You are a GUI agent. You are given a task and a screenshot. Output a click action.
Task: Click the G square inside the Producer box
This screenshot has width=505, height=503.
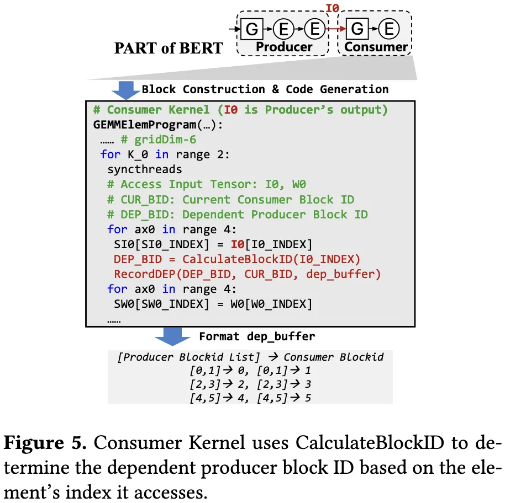point(251,28)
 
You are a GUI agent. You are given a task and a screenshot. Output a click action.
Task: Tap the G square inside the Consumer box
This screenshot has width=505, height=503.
point(357,28)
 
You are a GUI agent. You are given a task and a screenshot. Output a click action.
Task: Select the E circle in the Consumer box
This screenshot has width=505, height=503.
point(389,28)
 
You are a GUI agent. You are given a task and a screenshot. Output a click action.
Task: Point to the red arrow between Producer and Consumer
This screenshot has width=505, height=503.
point(334,28)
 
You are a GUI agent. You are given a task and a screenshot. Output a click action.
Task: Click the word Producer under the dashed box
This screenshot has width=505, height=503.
point(284,47)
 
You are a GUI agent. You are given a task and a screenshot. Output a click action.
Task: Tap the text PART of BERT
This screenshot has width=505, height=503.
point(169,48)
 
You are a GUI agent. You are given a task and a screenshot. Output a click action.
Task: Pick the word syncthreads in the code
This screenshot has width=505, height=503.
point(145,169)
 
